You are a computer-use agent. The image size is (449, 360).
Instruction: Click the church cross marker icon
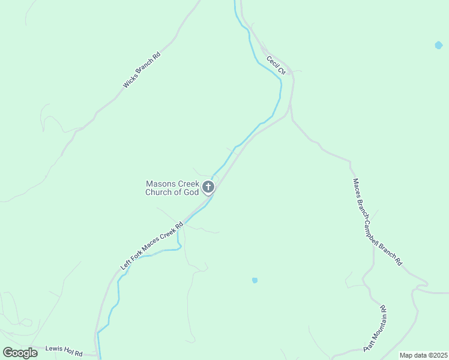[208, 188]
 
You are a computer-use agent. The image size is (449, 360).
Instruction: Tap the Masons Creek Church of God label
[172, 188]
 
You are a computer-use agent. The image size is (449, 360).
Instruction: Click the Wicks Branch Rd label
[141, 71]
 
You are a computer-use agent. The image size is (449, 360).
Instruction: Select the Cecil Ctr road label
[275, 65]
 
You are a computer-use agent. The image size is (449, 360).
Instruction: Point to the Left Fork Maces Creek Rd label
[151, 246]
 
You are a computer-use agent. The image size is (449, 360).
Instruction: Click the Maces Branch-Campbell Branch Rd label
[377, 222]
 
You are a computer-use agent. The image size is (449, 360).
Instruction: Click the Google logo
[20, 353]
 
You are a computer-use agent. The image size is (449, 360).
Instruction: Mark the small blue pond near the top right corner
[439, 45]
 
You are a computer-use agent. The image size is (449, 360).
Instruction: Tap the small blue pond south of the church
[255, 280]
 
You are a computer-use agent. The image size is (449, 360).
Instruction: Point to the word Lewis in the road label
[55, 349]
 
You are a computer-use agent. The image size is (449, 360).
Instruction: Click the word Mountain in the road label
[377, 328]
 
